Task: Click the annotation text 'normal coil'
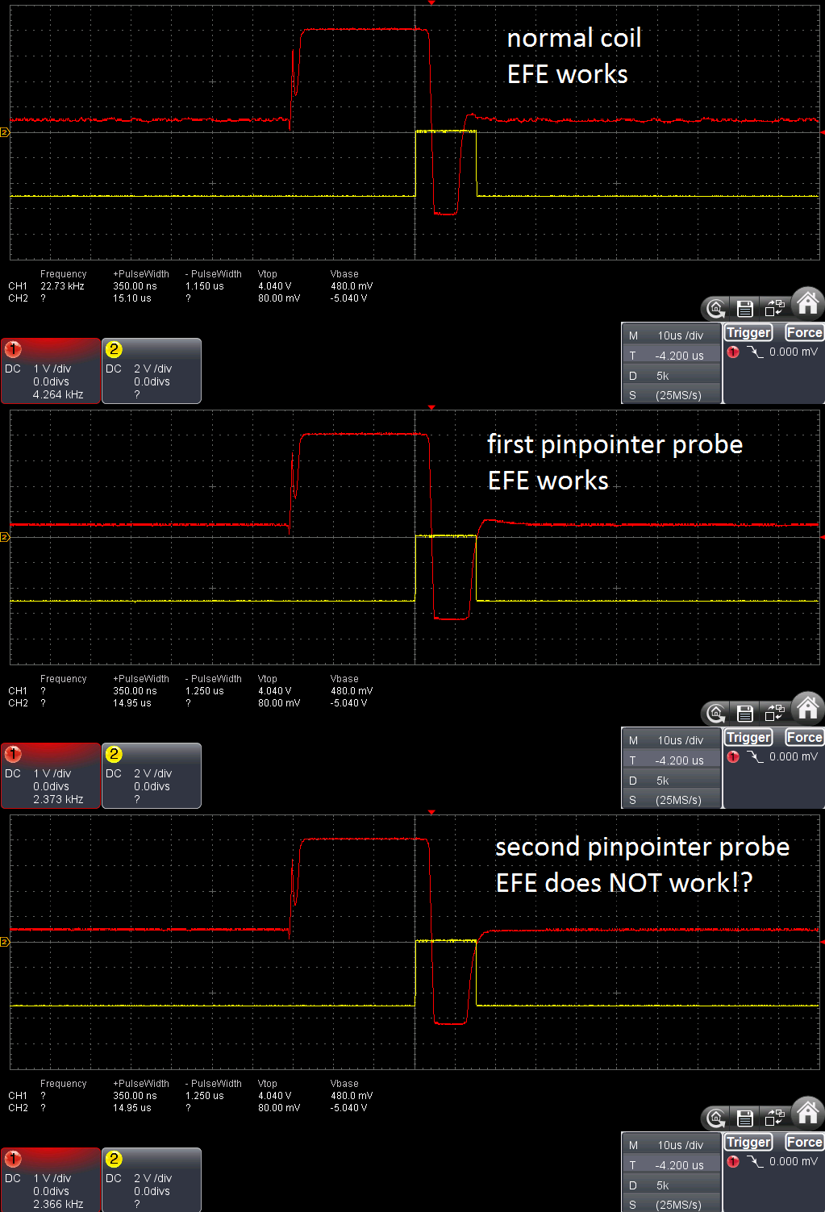pyautogui.click(x=574, y=39)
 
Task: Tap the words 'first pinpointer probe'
pyautogui.click(x=615, y=445)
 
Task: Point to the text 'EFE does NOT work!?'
pyautogui.click(x=624, y=883)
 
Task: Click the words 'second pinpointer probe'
pyautogui.click(x=643, y=848)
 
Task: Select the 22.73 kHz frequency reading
pyautogui.click(x=62, y=286)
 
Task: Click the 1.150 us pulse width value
pyautogui.click(x=205, y=286)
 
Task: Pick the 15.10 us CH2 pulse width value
pyautogui.click(x=132, y=298)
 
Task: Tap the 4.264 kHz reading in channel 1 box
pyautogui.click(x=58, y=394)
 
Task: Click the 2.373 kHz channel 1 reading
pyautogui.click(x=58, y=799)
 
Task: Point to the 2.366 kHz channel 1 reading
pyautogui.click(x=58, y=1204)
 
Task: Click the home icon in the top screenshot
pyautogui.click(x=808, y=302)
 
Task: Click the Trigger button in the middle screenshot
pyautogui.click(x=748, y=737)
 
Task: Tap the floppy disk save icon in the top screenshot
pyautogui.click(x=745, y=308)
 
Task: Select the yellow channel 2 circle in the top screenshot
pyautogui.click(x=114, y=349)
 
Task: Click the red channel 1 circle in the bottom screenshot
pyautogui.click(x=13, y=1159)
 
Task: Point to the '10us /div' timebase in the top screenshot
pyautogui.click(x=681, y=335)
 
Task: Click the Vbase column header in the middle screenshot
pyautogui.click(x=344, y=678)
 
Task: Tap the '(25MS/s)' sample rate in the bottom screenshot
pyautogui.click(x=678, y=1205)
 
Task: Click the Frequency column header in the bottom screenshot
pyautogui.click(x=63, y=1084)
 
